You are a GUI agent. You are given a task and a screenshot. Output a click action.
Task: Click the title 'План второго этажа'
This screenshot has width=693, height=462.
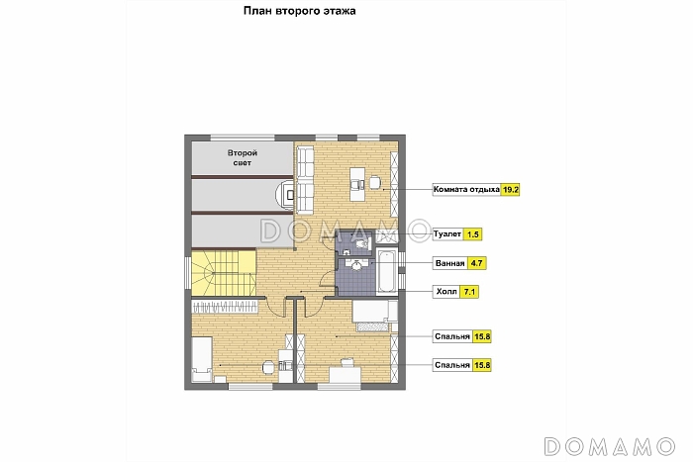(299, 11)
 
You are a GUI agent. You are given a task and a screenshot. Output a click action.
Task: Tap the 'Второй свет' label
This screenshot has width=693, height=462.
(243, 157)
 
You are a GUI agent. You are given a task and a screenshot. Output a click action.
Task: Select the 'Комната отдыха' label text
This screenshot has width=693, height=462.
(466, 190)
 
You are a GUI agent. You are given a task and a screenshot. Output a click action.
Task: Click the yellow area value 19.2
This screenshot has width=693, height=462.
(510, 190)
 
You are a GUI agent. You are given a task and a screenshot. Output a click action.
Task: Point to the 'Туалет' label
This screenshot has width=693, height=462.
(447, 234)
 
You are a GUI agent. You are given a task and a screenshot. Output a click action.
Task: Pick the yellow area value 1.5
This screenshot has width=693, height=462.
(472, 234)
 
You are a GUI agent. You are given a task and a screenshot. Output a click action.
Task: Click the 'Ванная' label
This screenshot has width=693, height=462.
(449, 263)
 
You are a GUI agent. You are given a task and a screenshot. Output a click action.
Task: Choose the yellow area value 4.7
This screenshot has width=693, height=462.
(476, 263)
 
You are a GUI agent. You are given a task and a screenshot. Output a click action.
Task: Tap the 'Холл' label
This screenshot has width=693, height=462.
(446, 292)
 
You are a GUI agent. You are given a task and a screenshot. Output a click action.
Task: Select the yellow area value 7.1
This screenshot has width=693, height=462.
(469, 292)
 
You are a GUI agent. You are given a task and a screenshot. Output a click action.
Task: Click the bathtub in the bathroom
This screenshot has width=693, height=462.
(386, 272)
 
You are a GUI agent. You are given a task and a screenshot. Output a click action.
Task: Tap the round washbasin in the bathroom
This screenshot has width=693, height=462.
(356, 265)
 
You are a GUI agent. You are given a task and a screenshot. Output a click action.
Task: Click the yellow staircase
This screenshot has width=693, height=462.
(224, 272)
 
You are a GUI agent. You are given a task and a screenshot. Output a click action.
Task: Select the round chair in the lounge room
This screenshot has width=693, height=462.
(375, 182)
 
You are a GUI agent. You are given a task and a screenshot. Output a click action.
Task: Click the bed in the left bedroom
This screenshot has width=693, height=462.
(202, 359)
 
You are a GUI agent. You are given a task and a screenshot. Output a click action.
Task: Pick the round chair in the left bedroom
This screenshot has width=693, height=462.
(268, 367)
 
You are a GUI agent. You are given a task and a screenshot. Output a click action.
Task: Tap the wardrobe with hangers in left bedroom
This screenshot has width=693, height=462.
(224, 307)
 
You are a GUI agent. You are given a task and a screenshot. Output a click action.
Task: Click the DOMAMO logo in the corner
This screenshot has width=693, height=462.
(610, 446)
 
